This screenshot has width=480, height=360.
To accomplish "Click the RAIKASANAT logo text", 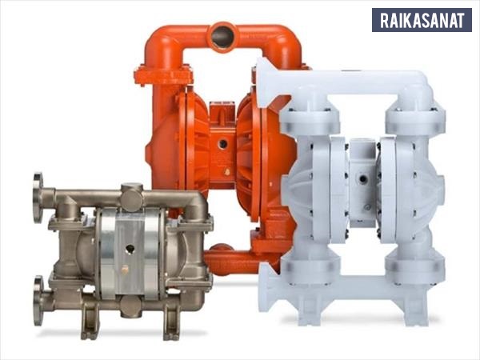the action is (422, 20).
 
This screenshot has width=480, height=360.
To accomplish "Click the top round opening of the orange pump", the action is (222, 35).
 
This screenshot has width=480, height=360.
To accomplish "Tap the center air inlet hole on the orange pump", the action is (223, 143).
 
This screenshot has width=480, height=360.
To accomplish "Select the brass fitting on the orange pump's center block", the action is (227, 172).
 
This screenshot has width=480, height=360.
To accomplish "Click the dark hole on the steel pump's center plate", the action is (130, 249).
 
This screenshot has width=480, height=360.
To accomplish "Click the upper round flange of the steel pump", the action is (38, 198).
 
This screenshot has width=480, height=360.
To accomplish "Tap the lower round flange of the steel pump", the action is (38, 301).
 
